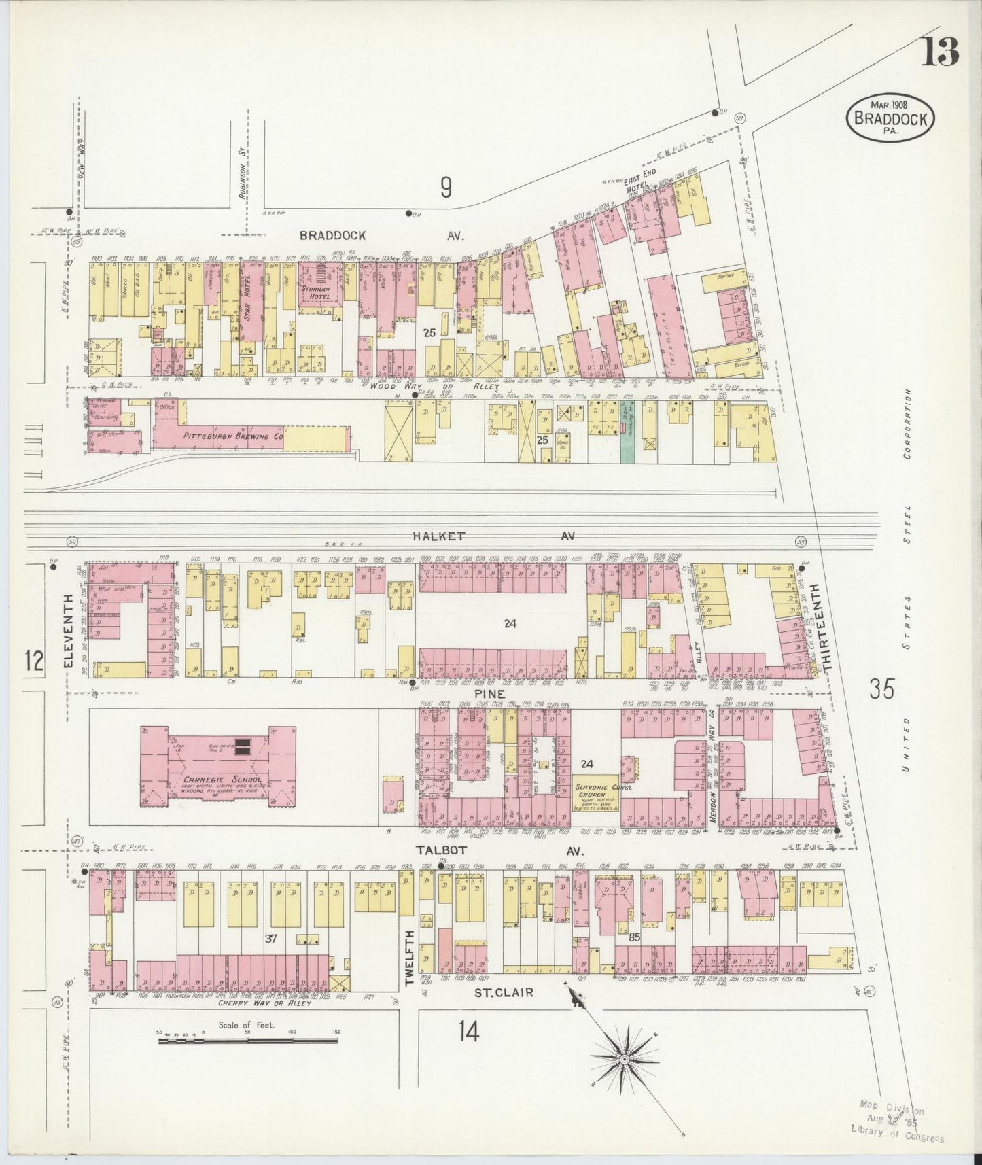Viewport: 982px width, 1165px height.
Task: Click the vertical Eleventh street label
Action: [69, 632]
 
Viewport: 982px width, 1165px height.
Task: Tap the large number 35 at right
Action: [881, 689]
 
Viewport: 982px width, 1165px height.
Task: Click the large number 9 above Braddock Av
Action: [445, 187]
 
